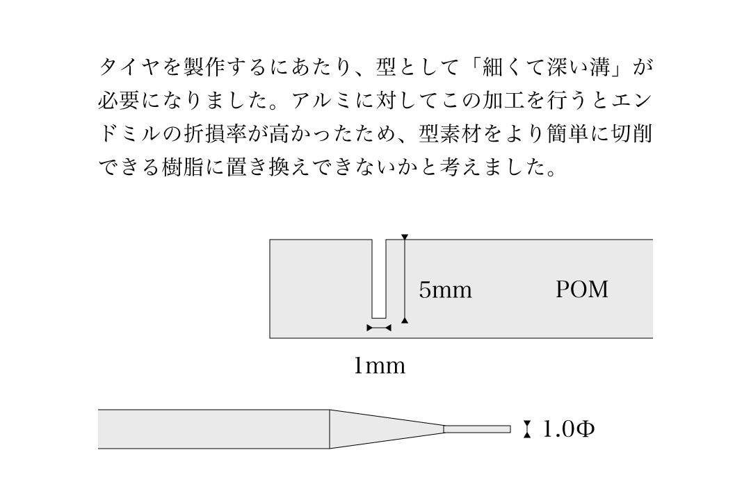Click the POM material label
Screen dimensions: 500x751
(581, 290)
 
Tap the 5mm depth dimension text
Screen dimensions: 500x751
(445, 290)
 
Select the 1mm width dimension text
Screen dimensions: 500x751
(379, 365)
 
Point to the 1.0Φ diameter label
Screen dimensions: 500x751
(568, 430)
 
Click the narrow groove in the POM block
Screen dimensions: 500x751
(380, 278)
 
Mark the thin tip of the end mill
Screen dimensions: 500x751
(477, 429)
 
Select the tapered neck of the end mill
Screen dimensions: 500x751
(386, 429)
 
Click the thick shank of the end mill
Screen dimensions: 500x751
(213, 429)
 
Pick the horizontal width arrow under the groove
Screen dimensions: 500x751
(380, 327)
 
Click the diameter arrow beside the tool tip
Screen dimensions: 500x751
(527, 430)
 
